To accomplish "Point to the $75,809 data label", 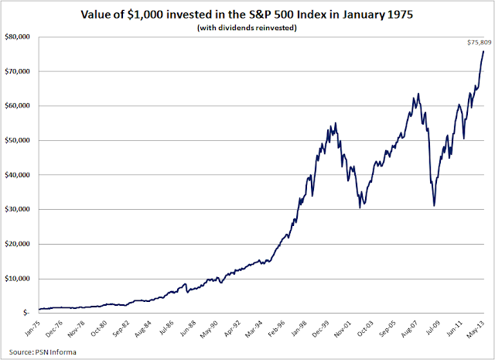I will click(477, 43).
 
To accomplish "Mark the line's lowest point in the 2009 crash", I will click(435, 205).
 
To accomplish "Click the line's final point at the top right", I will click(483, 52).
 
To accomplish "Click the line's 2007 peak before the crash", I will click(418, 94).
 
